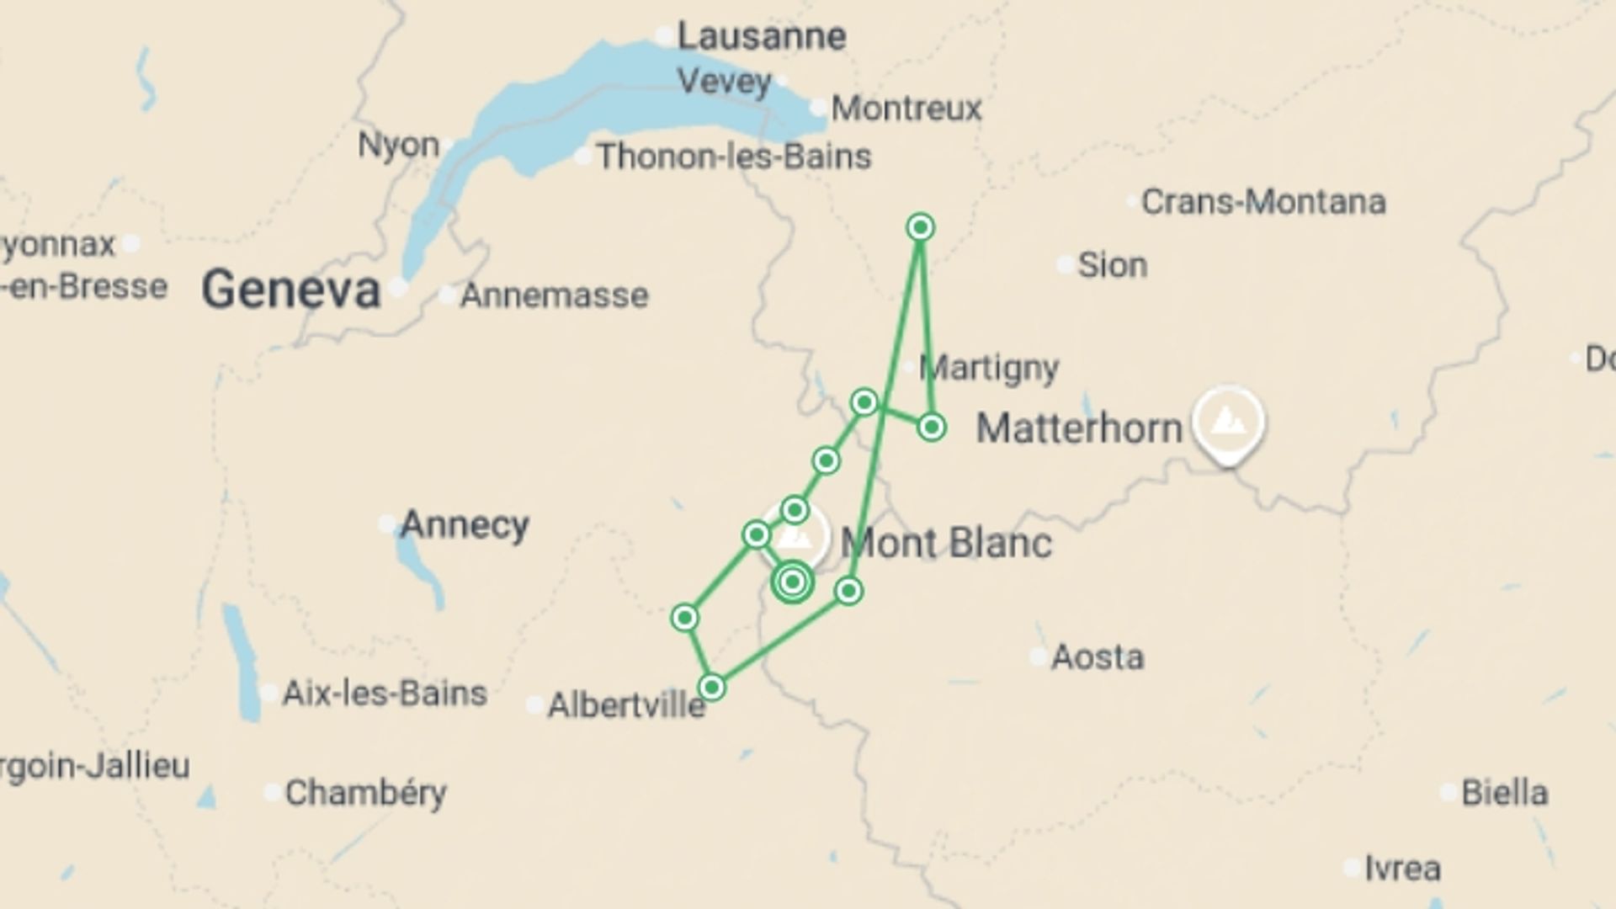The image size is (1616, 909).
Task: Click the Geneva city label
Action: tap(291, 290)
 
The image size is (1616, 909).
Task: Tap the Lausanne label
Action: tap(761, 36)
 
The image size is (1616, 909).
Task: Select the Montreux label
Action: tap(906, 109)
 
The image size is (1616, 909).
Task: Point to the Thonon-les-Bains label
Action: tap(734, 157)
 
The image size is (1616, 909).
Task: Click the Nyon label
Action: tap(398, 145)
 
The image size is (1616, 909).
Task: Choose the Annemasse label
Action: tap(554, 295)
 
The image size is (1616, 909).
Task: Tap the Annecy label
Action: tap(464, 525)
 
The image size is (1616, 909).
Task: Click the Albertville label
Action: tap(626, 705)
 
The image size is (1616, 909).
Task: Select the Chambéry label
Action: tap(365, 793)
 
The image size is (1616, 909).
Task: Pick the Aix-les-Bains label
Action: tap(385, 694)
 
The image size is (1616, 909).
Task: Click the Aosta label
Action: tap(1098, 656)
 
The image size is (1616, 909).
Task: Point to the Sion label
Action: tap(1113, 265)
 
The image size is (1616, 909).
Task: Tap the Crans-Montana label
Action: tap(1262, 202)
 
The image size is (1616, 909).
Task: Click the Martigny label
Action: tap(989, 368)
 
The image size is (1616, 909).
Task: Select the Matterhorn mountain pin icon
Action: tap(1228, 422)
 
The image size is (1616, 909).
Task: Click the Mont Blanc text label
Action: tap(946, 543)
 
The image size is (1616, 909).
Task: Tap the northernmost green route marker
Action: tap(921, 227)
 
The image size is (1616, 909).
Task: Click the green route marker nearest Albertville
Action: tap(712, 688)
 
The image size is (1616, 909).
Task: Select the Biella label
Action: tap(1504, 793)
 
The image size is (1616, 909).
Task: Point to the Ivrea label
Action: tap(1402, 868)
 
